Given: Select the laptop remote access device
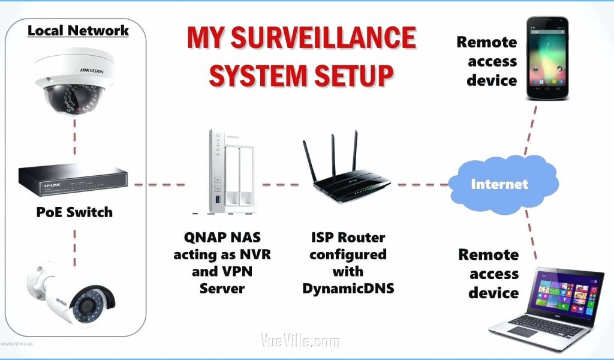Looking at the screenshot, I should (546, 309).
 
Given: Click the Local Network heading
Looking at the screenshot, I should (78, 31).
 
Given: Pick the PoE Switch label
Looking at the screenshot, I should (75, 212).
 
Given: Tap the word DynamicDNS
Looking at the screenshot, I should (348, 288).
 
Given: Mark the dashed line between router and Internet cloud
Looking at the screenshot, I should (423, 184).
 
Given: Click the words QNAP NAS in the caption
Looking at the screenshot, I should (222, 238).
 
